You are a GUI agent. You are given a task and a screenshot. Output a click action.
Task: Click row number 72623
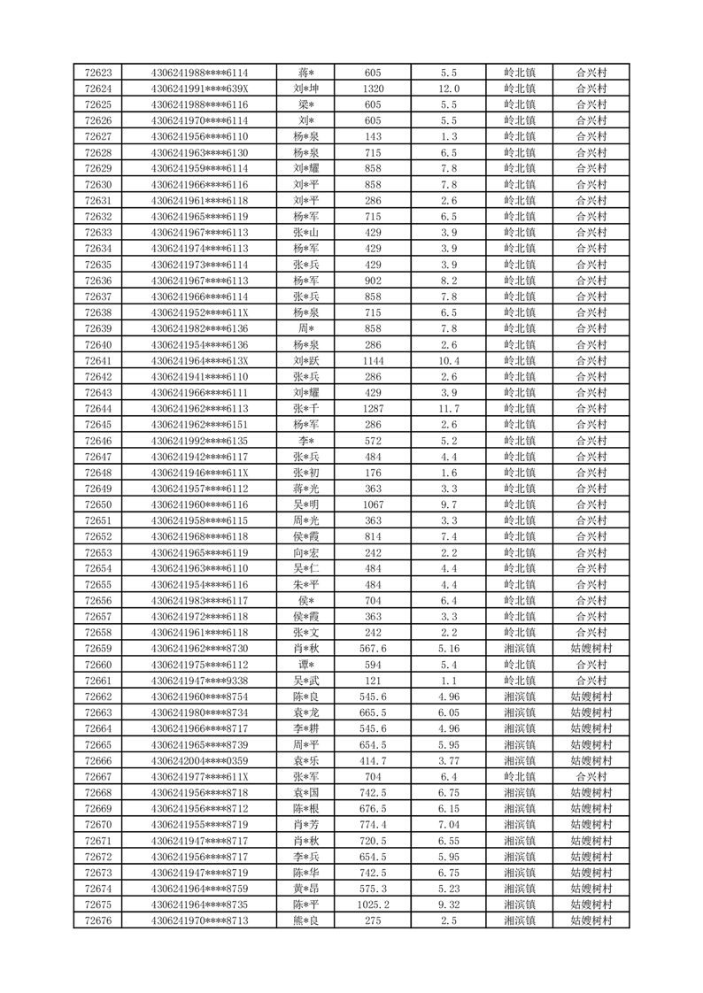coord(97,73)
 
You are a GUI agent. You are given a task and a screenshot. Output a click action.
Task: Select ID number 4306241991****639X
coord(199,89)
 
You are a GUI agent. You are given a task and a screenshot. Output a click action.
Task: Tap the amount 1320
coord(373,89)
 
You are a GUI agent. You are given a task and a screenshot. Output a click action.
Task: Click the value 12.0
coord(449,89)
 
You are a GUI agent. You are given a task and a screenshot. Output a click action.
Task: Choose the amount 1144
coord(373,360)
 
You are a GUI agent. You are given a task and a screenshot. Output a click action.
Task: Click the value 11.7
coord(449,408)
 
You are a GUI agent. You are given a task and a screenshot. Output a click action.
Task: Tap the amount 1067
coord(373,504)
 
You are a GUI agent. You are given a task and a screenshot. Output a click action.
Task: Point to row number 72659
coord(97,649)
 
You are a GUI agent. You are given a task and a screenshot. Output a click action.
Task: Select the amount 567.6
coord(373,649)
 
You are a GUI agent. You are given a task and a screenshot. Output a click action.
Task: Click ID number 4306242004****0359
coord(199,760)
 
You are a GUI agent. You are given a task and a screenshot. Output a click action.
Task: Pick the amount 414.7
coord(373,760)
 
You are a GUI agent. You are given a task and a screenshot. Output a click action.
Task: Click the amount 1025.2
coord(373,904)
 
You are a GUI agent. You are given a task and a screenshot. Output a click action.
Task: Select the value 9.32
coord(449,904)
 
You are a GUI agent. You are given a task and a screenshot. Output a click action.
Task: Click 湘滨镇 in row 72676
coord(519,920)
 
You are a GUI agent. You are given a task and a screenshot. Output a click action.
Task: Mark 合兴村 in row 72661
coord(591,681)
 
